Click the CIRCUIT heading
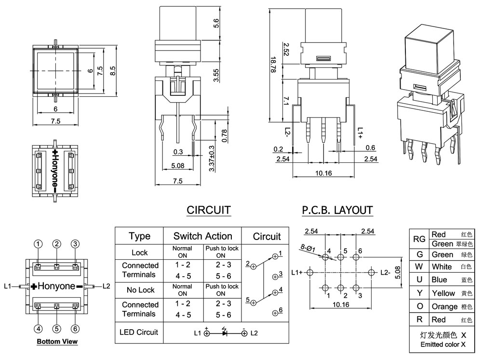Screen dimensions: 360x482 [x=208, y=210]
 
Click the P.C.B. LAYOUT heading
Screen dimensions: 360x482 [x=337, y=210]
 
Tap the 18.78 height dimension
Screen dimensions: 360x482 [x=273, y=64]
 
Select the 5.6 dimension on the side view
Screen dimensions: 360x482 [x=216, y=24]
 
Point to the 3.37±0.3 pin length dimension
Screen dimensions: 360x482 [x=211, y=157]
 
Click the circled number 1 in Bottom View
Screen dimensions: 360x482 [x=39, y=244]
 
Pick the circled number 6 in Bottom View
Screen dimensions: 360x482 [x=75, y=329]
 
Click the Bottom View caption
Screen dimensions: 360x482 [x=57, y=342]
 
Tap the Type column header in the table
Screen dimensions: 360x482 [x=140, y=236]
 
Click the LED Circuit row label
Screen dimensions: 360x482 [x=140, y=332]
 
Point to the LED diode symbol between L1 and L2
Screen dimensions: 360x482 [x=225, y=333]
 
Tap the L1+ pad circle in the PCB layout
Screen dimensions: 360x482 [x=309, y=272]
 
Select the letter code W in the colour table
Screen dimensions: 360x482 [x=419, y=267]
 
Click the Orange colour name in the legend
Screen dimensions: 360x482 [x=444, y=307]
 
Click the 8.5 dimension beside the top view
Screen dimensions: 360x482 [x=113, y=71]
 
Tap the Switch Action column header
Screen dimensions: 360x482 [x=202, y=236]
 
